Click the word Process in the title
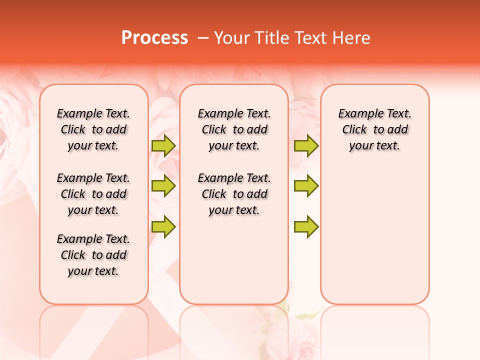[154, 38]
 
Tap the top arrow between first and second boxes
[163, 145]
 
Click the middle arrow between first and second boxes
[163, 186]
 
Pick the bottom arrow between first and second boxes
[163, 226]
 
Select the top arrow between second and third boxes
[306, 145]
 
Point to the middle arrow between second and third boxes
[306, 186]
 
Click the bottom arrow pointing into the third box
[306, 226]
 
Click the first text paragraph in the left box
[93, 129]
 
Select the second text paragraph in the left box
[93, 194]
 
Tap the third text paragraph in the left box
[93, 255]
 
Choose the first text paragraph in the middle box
[234, 129]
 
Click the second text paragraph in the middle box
[234, 194]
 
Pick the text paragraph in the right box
[374, 129]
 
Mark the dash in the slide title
[203, 38]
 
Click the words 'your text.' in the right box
[374, 146]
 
